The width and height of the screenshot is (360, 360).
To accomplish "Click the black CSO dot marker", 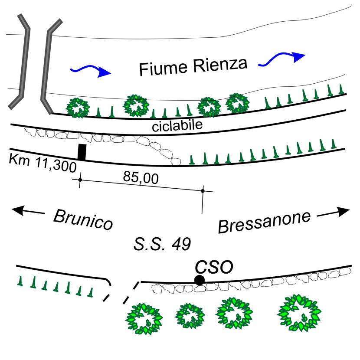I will [199, 280].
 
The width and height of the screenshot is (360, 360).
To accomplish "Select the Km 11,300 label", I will [42, 163].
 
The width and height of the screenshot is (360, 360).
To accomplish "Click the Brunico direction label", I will [83, 219].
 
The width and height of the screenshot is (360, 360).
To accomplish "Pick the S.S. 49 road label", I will [162, 244].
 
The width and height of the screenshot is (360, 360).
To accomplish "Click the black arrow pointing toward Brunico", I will [29, 211].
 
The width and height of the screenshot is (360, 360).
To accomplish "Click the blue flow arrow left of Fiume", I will [91, 71].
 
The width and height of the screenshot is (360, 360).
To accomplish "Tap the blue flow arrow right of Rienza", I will [282, 59].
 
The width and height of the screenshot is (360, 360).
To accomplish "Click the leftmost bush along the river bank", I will [77, 108].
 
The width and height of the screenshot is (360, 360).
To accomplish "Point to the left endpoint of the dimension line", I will [80, 179].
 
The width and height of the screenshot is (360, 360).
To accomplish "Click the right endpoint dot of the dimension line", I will [202, 191].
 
